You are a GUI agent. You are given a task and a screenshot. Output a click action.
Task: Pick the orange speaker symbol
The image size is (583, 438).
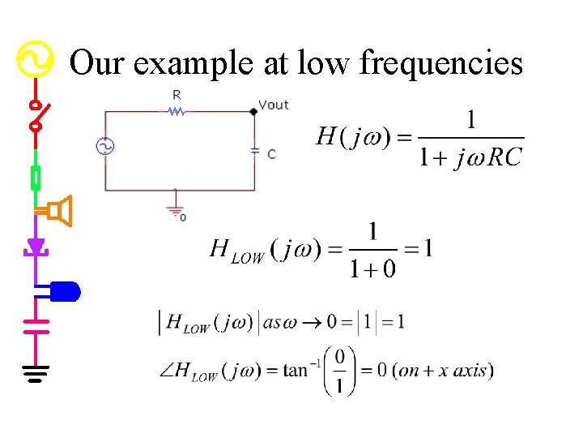tap(58, 212)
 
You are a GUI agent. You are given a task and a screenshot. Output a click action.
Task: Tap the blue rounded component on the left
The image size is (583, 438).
tap(65, 290)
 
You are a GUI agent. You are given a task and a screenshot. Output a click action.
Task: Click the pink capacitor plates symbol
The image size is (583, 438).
tap(36, 326)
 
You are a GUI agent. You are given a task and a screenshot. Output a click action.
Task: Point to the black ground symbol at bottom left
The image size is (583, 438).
tap(36, 373)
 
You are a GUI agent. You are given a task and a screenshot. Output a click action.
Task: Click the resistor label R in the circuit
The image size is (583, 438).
tap(177, 95)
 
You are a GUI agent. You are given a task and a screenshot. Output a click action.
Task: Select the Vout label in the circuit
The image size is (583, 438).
tap(274, 105)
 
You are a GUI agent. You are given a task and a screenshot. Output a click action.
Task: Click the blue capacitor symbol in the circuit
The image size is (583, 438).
tap(255, 152)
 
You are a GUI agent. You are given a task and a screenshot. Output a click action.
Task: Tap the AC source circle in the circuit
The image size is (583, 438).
tap(104, 146)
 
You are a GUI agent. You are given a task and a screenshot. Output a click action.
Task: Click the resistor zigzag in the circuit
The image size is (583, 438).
tap(177, 111)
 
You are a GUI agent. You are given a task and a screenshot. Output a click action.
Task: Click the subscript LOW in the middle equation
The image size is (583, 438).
tap(248, 258)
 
